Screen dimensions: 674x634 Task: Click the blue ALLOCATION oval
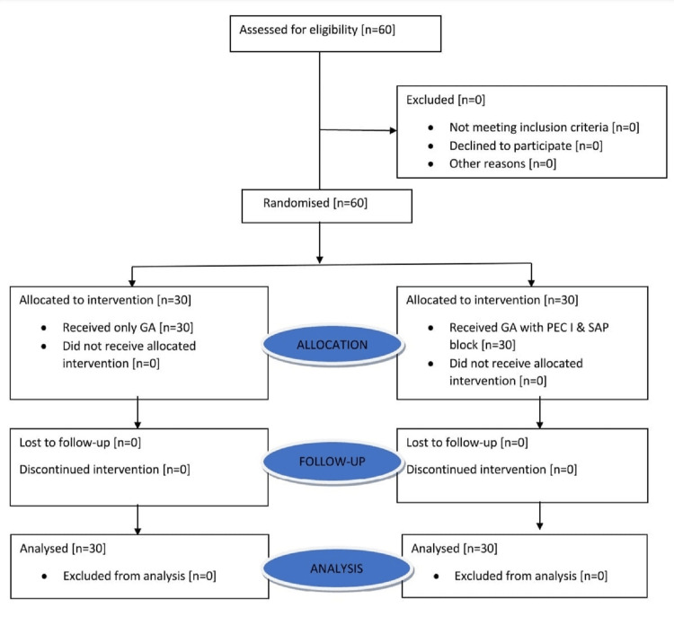pyautogui.click(x=333, y=345)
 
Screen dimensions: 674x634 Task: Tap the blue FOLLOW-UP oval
pyautogui.click(x=333, y=462)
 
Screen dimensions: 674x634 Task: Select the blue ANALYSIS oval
pyautogui.click(x=337, y=568)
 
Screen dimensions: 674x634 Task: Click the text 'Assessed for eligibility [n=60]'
pyautogui.click(x=317, y=30)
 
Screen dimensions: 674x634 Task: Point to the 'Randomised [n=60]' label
pyautogui.click(x=315, y=203)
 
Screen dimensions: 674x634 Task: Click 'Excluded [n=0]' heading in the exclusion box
pyautogui.click(x=446, y=100)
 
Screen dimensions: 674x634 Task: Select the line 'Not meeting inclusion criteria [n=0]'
pyautogui.click(x=545, y=128)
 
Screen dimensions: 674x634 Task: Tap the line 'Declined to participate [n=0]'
pyautogui.click(x=526, y=146)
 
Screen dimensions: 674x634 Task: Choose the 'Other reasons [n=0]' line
pyautogui.click(x=502, y=163)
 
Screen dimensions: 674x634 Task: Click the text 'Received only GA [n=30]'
pyautogui.click(x=128, y=327)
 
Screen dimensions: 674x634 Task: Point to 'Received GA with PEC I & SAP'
pyautogui.click(x=528, y=327)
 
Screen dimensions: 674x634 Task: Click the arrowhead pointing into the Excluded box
pyautogui.click(x=393, y=130)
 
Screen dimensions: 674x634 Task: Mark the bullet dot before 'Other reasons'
pyautogui.click(x=430, y=164)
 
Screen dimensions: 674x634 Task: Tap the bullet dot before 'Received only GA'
pyautogui.click(x=44, y=328)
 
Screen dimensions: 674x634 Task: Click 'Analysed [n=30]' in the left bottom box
pyautogui.click(x=63, y=548)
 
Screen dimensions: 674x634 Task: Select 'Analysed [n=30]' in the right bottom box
pyautogui.click(x=454, y=548)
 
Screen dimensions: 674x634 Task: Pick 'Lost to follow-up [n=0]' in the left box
pyautogui.click(x=80, y=443)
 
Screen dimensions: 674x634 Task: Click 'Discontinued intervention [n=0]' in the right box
pyautogui.click(x=492, y=470)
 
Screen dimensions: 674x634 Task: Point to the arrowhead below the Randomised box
pyautogui.click(x=319, y=260)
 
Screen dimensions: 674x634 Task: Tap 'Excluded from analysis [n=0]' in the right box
pyautogui.click(x=531, y=576)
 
